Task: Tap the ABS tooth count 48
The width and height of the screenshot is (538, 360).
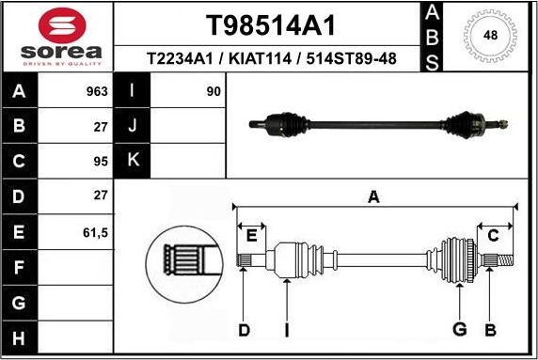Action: click(489, 35)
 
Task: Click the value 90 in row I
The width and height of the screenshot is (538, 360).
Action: click(214, 92)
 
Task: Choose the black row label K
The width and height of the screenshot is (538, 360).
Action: click(133, 160)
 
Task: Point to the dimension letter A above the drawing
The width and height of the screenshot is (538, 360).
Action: click(373, 197)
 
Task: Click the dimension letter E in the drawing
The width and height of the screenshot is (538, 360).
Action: click(251, 235)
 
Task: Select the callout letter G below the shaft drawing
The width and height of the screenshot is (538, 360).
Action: click(459, 329)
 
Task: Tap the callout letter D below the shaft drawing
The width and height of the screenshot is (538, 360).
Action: click(244, 329)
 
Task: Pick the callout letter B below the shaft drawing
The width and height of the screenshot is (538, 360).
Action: click(489, 329)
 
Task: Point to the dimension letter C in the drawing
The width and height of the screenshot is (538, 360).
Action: click(493, 235)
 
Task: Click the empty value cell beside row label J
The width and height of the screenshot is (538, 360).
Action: click(188, 126)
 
